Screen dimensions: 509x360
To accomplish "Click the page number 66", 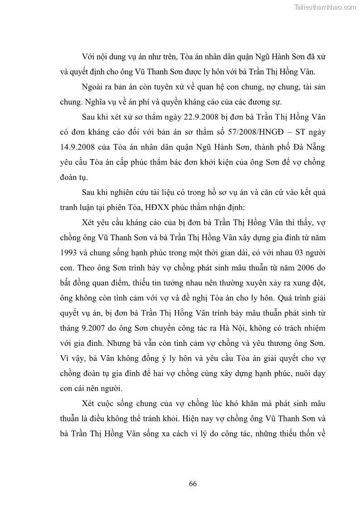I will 193,484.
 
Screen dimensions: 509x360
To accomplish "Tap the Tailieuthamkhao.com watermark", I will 326,7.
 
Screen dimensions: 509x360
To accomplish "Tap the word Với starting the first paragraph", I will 88,57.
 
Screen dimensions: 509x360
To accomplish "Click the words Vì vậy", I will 69,358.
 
